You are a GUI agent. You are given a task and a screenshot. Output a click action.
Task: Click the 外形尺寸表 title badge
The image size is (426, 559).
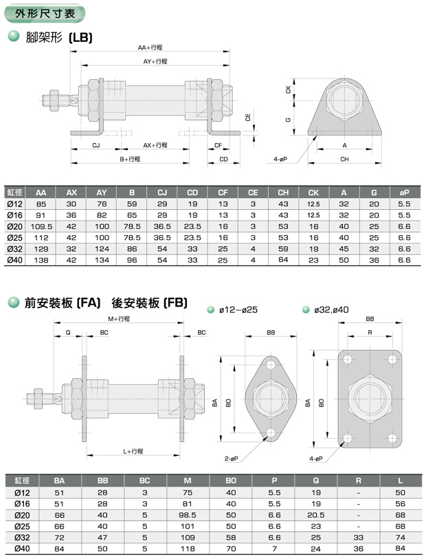45,13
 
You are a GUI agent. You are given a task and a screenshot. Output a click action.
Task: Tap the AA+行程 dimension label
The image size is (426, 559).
150,47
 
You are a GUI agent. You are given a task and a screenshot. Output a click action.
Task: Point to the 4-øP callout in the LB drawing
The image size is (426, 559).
280,159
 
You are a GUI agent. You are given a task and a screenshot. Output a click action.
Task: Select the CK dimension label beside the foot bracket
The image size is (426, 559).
288,89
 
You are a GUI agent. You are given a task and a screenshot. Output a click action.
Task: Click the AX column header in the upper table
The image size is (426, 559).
71,193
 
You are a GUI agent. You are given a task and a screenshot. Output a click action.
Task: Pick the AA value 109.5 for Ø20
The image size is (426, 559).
41,226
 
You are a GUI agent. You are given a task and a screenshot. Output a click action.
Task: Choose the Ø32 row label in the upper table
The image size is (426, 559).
14,249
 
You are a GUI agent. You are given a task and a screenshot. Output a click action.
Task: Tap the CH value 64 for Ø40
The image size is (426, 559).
283,260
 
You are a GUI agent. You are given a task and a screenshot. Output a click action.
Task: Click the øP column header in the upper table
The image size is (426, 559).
404,193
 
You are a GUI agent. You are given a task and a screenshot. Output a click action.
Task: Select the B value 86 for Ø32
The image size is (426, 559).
132,249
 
